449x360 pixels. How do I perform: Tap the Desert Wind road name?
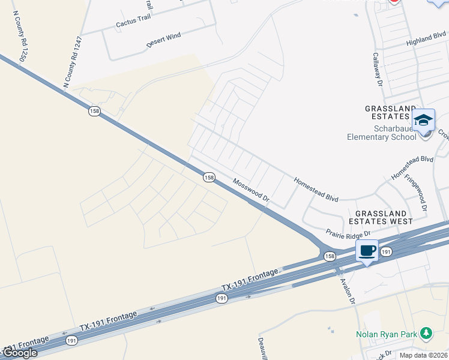(163, 40)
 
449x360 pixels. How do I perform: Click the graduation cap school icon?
(423, 120)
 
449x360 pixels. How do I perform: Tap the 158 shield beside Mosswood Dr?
(208, 177)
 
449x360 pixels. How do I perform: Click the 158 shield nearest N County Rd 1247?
(94, 111)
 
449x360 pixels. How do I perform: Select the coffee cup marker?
(367, 251)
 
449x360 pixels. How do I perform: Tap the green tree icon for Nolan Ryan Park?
(426, 332)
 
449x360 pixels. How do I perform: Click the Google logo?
(19, 353)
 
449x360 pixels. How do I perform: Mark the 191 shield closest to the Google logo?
(72, 340)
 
